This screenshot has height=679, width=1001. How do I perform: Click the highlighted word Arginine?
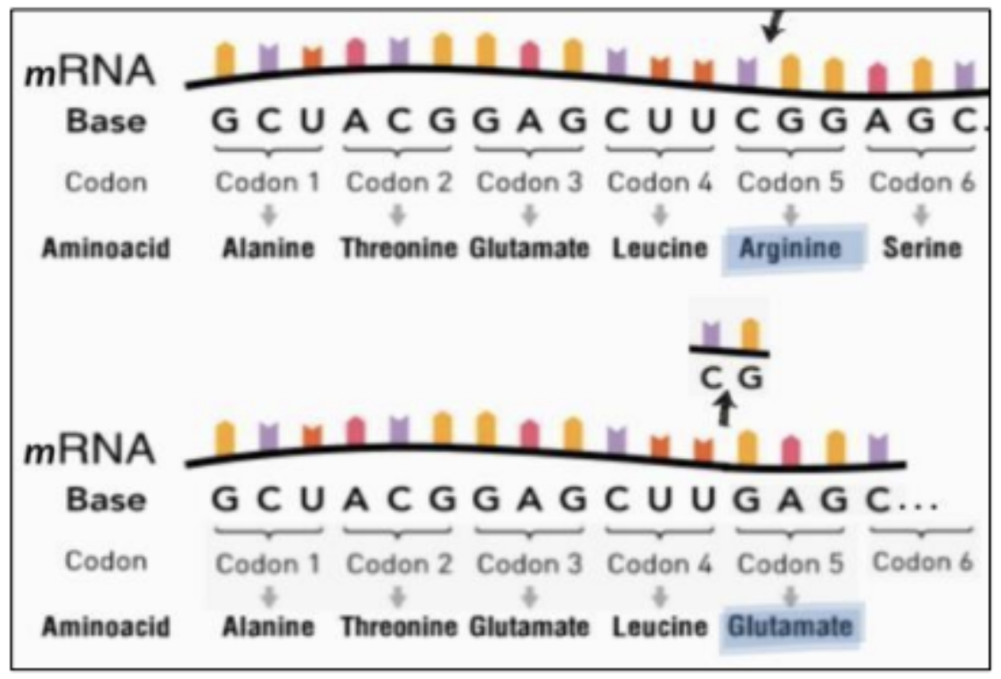point(790,248)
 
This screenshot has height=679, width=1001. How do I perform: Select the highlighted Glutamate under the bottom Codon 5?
point(790,626)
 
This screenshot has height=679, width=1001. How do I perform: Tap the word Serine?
point(922,248)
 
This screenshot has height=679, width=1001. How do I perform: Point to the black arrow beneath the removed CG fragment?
point(725,409)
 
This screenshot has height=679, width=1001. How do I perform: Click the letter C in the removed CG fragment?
point(711,378)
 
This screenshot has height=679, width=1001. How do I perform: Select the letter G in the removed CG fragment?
point(750,378)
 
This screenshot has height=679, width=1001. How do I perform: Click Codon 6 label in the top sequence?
point(922,182)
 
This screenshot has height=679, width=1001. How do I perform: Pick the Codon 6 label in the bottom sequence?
point(922,562)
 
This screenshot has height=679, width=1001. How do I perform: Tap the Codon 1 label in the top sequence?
point(267,182)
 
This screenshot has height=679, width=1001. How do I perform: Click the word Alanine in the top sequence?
point(268,248)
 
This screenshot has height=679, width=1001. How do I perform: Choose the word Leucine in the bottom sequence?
point(660,626)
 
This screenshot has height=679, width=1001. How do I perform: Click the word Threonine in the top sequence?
point(399,248)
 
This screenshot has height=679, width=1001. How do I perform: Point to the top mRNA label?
point(89,70)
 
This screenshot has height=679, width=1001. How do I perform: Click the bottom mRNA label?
point(89,449)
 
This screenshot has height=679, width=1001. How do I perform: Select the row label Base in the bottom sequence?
point(106,500)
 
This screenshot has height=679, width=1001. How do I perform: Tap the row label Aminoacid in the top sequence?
point(106,248)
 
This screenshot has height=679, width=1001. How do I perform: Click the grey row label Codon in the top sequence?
point(106,182)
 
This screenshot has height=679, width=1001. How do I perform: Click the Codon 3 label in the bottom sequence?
point(529,563)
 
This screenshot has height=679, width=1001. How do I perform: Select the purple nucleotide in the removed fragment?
point(711,335)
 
